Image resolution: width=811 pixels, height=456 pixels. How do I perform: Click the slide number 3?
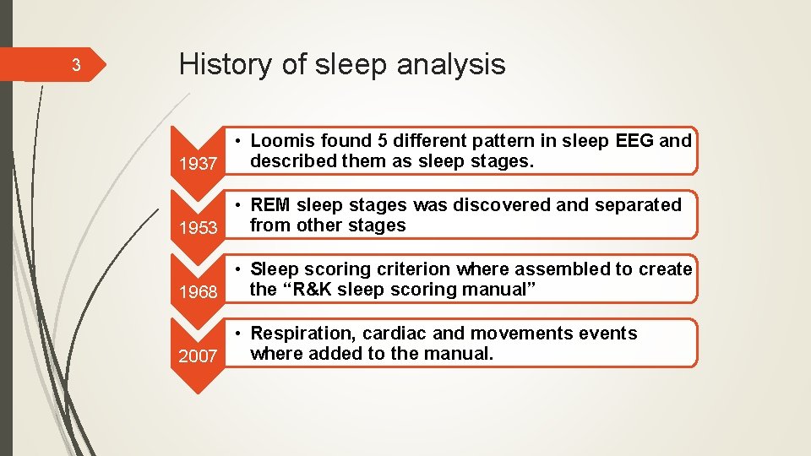tap(75, 65)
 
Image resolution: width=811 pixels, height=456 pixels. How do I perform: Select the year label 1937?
tap(199, 164)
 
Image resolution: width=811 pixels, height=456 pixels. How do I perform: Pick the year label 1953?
tap(199, 228)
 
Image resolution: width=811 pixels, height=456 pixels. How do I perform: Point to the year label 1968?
tap(199, 292)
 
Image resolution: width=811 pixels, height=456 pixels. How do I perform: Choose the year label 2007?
tap(199, 356)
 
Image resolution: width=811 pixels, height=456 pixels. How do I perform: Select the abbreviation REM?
tap(269, 205)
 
